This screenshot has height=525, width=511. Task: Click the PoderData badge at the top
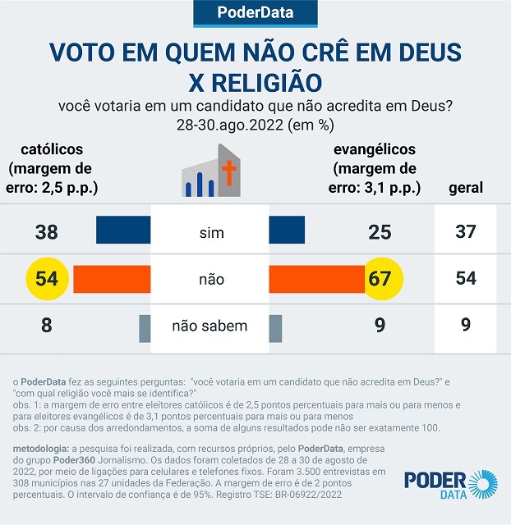[x=255, y=12]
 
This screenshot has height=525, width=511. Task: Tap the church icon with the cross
[x=212, y=172]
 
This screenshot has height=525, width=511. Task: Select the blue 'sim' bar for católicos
[x=123, y=231]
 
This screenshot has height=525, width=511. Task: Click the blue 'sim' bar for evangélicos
[x=287, y=231]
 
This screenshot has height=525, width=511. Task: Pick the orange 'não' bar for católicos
[x=112, y=278]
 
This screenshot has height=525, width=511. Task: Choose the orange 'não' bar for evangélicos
[x=316, y=278]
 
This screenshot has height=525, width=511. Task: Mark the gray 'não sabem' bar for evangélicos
[x=275, y=326]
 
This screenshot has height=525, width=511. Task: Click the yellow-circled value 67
[x=380, y=278]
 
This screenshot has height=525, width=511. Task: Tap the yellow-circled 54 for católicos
[x=47, y=278]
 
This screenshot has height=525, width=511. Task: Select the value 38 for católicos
[x=47, y=232]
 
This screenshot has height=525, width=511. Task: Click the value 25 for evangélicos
[x=380, y=232]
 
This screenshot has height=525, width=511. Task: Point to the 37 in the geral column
[x=466, y=232]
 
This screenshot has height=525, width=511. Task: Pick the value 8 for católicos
[x=47, y=326]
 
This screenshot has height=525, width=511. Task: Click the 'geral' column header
[x=466, y=188]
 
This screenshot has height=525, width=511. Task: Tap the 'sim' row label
[x=211, y=233]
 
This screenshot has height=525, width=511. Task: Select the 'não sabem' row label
[x=209, y=326]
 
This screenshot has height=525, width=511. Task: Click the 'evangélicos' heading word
[x=374, y=150]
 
